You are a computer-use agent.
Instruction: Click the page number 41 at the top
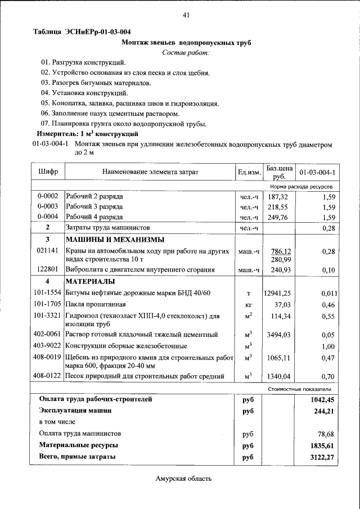186,15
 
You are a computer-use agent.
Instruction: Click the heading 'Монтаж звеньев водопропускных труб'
186,42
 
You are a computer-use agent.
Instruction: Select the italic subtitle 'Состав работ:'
186,52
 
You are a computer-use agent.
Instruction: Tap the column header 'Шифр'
48,172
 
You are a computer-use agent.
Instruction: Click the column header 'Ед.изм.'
248,172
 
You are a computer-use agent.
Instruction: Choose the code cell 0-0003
48,207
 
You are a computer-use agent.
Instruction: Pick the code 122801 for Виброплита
48,270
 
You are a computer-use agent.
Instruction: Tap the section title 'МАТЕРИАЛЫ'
90,281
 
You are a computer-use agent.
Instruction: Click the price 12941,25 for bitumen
277,293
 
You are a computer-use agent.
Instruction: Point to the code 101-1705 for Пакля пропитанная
48,304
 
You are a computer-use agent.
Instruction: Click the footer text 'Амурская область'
183,479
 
